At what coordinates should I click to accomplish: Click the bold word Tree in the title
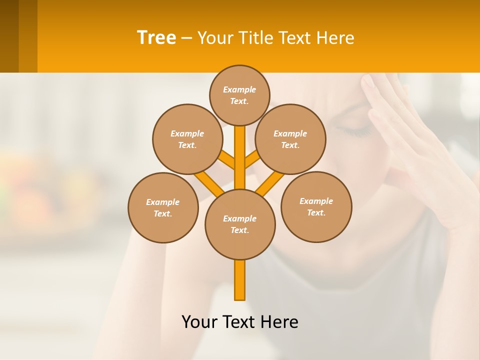(x=156, y=38)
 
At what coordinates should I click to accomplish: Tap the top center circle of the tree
(x=239, y=95)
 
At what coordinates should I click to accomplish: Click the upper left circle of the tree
(x=187, y=139)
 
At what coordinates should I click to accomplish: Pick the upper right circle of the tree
(x=290, y=139)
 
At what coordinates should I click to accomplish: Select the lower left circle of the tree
(x=163, y=207)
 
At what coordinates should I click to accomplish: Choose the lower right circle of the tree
(x=316, y=206)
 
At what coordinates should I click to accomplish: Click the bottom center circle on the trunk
(x=240, y=224)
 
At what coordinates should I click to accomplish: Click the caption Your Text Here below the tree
(x=240, y=322)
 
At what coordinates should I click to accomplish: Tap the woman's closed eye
(x=356, y=131)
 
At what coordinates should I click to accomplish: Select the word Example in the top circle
(x=239, y=89)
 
